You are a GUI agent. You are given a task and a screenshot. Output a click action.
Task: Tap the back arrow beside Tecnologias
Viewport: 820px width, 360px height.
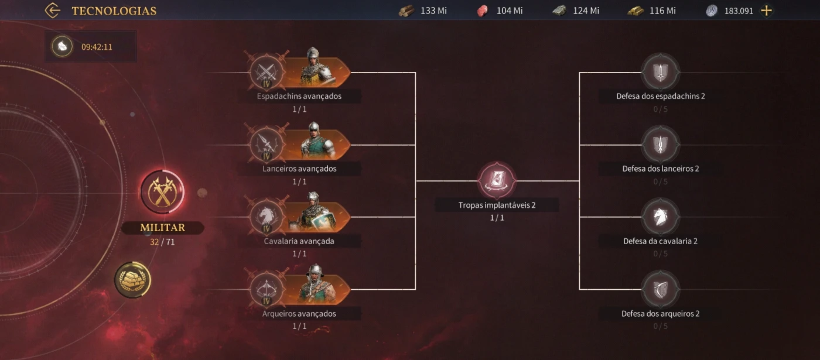[53, 11]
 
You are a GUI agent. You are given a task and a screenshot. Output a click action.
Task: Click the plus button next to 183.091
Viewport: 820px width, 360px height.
[766, 11]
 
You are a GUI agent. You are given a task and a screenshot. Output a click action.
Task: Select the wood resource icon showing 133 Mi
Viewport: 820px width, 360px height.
[406, 11]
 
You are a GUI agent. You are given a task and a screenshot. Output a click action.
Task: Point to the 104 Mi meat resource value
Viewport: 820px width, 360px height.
[509, 11]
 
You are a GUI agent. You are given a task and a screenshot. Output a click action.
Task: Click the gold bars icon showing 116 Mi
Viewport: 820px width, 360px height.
[635, 11]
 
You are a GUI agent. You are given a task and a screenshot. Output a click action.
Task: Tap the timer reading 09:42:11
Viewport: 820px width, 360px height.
[97, 47]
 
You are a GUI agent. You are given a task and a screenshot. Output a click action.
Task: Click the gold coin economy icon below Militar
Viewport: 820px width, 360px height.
[133, 280]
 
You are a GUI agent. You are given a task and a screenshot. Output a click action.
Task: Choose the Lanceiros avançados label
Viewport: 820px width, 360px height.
[299, 169]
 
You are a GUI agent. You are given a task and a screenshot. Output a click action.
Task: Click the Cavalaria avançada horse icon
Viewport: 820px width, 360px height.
[267, 217]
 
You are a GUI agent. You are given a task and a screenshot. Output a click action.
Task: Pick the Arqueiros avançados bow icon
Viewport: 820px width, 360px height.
[267, 289]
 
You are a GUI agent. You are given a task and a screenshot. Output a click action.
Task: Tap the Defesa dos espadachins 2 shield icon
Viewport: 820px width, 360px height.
[660, 72]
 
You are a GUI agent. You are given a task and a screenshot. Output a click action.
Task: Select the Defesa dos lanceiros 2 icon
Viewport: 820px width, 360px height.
[660, 145]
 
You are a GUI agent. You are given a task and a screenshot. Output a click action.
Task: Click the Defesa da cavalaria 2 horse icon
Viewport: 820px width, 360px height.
[660, 217]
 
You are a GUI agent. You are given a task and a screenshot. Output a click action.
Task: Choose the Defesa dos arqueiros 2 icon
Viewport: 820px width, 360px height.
[660, 289]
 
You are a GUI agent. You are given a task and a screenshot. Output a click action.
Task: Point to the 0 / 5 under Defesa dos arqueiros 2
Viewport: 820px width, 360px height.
[660, 326]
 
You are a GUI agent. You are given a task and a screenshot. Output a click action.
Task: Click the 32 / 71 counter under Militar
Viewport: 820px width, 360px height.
[162, 242]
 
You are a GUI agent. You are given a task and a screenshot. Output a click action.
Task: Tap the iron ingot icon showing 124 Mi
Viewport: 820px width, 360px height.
[560, 11]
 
